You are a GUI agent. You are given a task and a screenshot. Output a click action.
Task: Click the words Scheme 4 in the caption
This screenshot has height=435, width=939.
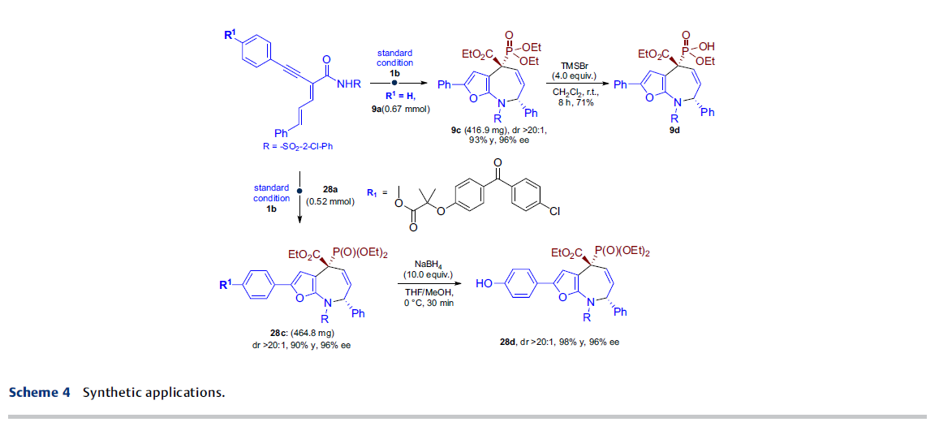(40, 393)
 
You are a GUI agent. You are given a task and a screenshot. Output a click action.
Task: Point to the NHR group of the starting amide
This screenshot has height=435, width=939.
(348, 84)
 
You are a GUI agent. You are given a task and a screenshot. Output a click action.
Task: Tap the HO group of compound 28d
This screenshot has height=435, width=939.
(484, 282)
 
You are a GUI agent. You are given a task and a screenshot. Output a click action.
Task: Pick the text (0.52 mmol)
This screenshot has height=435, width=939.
(330, 202)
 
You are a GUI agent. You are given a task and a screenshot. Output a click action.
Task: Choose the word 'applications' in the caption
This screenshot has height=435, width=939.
(181, 394)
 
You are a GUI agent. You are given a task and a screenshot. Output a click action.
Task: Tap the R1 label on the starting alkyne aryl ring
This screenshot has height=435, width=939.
(230, 36)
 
